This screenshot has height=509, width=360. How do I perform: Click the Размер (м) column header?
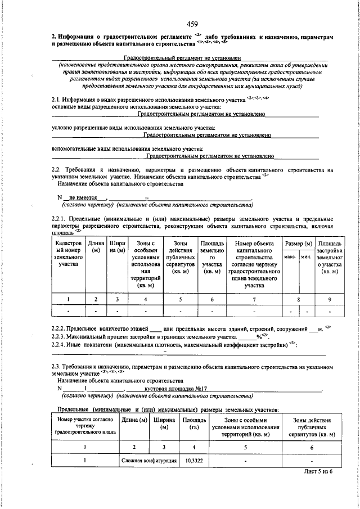(298, 244)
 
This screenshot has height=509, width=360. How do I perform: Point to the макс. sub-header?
(290, 256)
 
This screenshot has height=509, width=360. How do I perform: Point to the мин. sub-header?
(307, 256)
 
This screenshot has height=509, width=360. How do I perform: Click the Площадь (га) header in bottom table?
(193, 424)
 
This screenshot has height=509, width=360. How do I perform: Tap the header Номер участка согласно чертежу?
(84, 427)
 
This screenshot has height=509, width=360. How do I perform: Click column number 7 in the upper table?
(254, 299)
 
